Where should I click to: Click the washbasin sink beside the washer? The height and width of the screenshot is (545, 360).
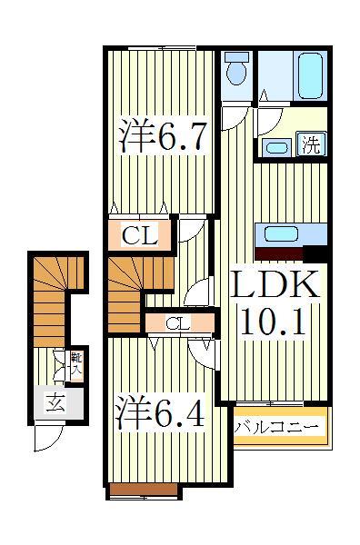[277, 147]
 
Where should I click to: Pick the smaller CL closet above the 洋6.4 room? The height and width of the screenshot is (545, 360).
[177, 322]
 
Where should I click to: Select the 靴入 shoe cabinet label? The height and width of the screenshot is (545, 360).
[76, 365]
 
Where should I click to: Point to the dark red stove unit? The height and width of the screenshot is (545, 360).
[280, 255]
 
